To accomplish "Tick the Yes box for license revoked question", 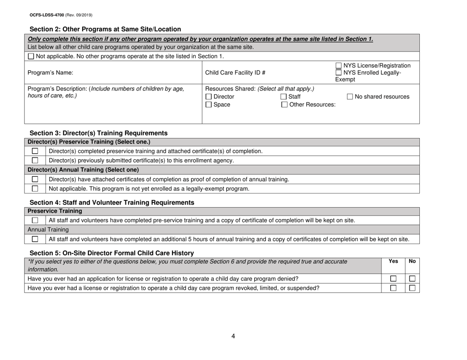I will click(x=392, y=288).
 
